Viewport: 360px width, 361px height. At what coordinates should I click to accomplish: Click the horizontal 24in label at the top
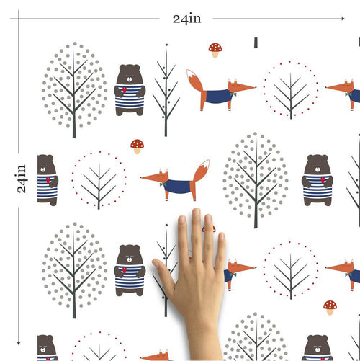(x=186, y=19)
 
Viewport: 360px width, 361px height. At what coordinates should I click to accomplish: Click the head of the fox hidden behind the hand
(x=238, y=269)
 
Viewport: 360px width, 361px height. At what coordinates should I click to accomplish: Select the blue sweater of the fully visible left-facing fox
(x=177, y=187)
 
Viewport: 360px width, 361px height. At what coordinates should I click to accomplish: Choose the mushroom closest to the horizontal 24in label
(x=215, y=49)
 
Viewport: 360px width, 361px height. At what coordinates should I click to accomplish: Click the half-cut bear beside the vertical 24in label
(x=46, y=180)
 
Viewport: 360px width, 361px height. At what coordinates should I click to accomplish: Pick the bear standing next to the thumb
(x=130, y=270)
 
